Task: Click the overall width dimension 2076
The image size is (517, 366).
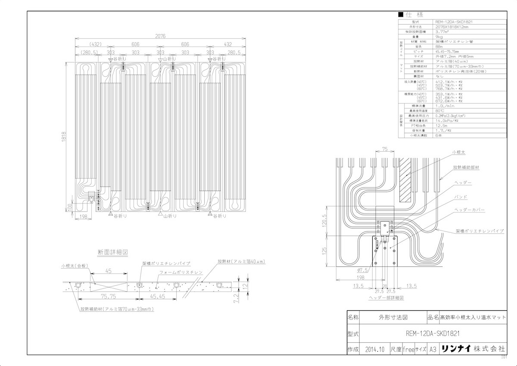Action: click(x=160, y=36)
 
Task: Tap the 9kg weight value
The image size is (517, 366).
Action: click(x=439, y=37)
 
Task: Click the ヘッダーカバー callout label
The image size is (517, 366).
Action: click(x=470, y=210)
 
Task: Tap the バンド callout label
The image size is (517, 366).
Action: click(x=460, y=197)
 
